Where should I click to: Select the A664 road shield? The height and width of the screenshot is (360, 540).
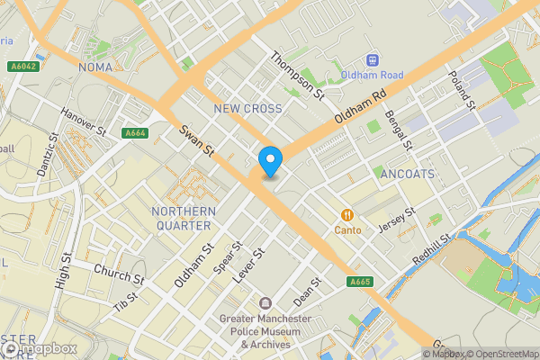[x=135, y=133]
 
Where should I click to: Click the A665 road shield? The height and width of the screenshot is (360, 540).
[x=360, y=283]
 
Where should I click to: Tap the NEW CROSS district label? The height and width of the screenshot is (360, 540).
[x=247, y=109]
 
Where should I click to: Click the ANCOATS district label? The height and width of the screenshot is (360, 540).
[x=408, y=173]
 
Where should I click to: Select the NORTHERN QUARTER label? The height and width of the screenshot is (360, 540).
[x=184, y=219]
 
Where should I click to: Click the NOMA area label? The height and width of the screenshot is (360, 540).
[x=95, y=67]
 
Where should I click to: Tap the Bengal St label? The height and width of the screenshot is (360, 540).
[x=397, y=129]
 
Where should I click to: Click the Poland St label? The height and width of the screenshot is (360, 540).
[x=462, y=90]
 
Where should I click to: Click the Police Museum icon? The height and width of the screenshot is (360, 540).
[x=265, y=303]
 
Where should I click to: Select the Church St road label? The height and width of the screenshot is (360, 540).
[x=118, y=274]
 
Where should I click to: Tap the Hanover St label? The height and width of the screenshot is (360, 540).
[x=84, y=122]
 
